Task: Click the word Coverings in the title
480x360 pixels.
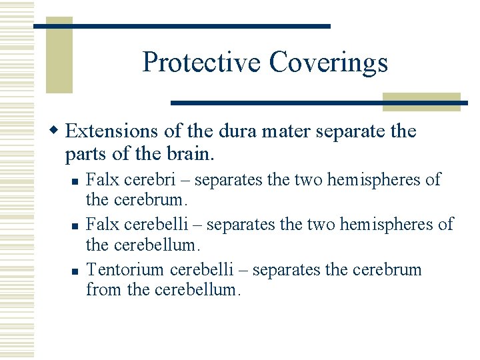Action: [x=328, y=63]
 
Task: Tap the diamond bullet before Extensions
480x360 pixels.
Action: [x=58, y=131]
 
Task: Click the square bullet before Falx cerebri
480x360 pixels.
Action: [x=77, y=181]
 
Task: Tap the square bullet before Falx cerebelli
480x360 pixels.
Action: [x=77, y=226]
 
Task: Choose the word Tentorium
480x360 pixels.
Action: [x=126, y=270]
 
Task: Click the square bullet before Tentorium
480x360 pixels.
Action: [x=77, y=271]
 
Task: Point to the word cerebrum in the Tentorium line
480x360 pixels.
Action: [x=390, y=270]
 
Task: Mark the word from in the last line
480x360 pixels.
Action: [x=101, y=290]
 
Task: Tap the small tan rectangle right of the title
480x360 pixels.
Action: [x=421, y=101]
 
